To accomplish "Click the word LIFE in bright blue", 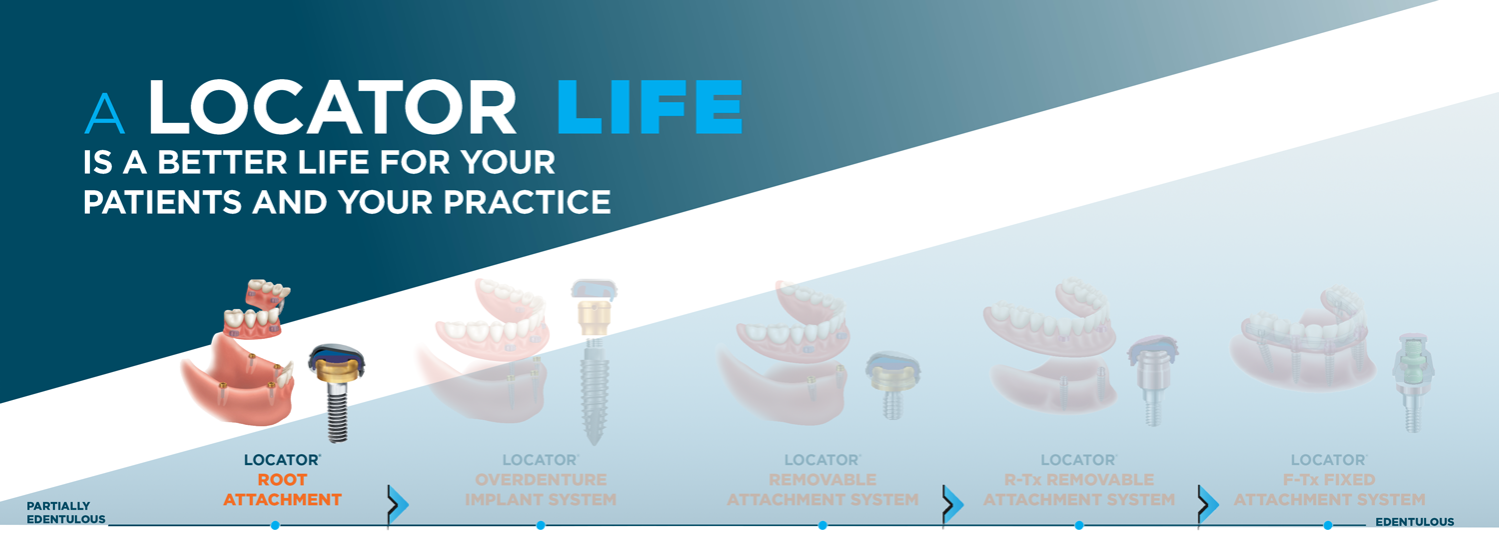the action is coord(650,107).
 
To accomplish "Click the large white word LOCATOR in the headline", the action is coord(332,107).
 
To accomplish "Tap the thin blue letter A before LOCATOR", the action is coord(105,113).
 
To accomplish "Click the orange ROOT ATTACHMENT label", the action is coord(283,490).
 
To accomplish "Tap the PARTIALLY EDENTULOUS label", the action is coord(66,513).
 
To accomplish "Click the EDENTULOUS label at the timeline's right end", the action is coord(1415,522).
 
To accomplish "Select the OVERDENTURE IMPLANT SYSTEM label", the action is coord(541,490).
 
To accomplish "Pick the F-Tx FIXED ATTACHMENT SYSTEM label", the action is coord(1329,490).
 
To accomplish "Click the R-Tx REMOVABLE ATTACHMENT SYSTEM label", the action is coord(1078,490).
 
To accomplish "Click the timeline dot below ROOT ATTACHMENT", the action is coord(275,526).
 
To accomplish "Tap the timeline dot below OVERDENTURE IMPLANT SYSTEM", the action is coord(541,526).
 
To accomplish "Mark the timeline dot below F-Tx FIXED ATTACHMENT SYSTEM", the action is coord(1328,526).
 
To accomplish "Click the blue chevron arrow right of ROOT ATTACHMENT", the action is coord(399,504).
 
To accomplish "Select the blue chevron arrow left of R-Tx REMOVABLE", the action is coord(953,504).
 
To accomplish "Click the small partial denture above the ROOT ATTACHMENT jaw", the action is coord(257,310).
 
